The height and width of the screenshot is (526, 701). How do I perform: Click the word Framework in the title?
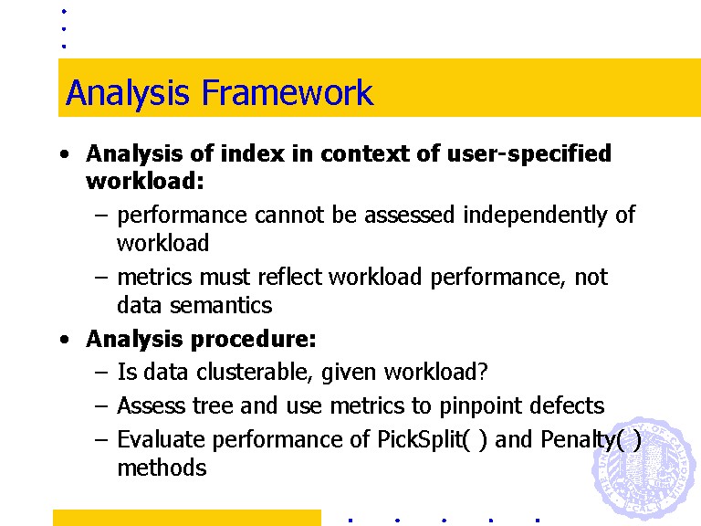288,92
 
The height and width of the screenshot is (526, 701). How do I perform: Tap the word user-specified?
528,153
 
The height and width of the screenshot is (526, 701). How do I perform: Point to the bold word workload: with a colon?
145,181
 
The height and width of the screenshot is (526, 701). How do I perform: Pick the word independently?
535,216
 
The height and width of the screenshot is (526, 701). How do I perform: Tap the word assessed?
410,216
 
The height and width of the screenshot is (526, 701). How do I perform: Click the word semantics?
221,306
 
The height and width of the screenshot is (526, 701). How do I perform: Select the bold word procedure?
254,340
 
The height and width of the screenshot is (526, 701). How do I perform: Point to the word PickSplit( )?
432,439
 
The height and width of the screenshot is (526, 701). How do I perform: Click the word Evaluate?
161,439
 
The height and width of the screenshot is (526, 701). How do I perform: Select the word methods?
162,468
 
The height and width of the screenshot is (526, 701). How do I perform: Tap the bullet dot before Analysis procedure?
65,340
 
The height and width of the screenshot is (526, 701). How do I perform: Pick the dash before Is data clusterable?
101,373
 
